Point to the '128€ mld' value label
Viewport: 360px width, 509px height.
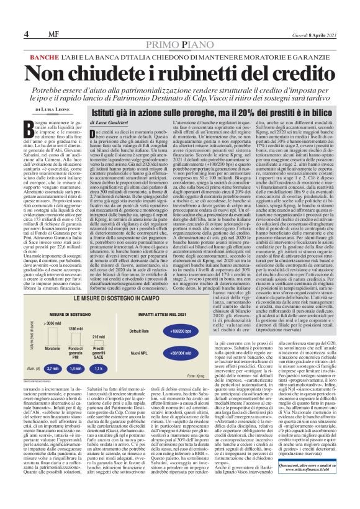[76, 328]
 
